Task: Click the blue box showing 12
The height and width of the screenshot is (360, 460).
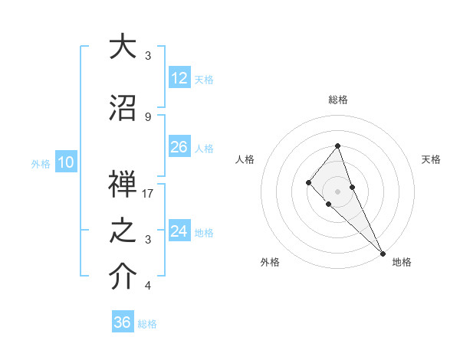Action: pyautogui.click(x=179, y=78)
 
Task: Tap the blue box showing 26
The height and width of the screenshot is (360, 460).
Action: pyautogui.click(x=179, y=147)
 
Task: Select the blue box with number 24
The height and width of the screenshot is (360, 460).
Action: pyautogui.click(x=179, y=231)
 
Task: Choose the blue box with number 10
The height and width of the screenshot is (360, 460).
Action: pyautogui.click(x=66, y=162)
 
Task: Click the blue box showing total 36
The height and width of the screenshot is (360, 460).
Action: pyautogui.click(x=123, y=322)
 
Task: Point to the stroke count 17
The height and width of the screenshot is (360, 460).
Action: pyautogui.click(x=148, y=194)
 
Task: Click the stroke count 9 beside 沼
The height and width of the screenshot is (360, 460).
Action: pyautogui.click(x=148, y=116)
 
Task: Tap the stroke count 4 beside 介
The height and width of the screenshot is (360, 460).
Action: pyautogui.click(x=148, y=286)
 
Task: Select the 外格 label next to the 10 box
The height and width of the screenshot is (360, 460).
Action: pyautogui.click(x=41, y=163)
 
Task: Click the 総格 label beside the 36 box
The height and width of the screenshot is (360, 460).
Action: pyautogui.click(x=147, y=324)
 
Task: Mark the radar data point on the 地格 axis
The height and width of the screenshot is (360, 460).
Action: pyautogui.click(x=383, y=253)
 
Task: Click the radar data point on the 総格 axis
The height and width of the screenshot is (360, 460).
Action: pyautogui.click(x=337, y=146)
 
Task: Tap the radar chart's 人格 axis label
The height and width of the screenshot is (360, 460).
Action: pyautogui.click(x=245, y=159)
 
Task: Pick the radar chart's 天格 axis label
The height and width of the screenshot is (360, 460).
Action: pyautogui.click(x=431, y=159)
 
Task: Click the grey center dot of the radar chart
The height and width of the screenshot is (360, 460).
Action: pyautogui.click(x=337, y=191)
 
